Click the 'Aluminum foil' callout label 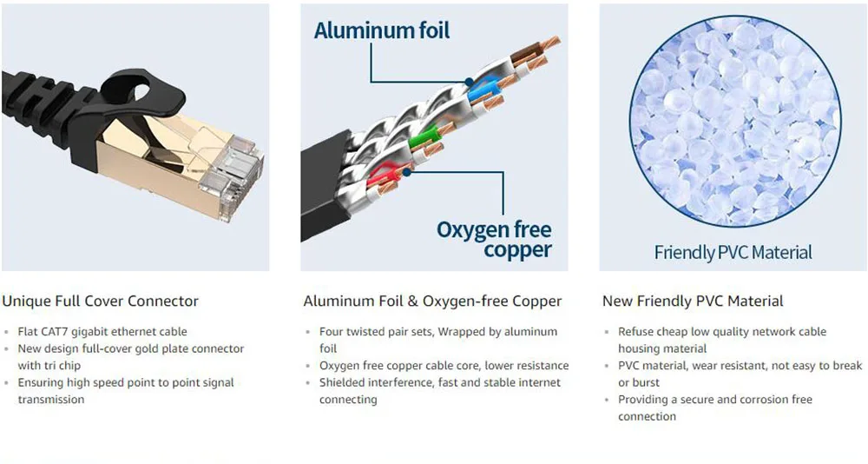[382, 31]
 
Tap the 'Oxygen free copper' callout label [494, 240]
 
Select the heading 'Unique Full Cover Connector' [100, 302]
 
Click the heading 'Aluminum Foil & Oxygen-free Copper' [432, 302]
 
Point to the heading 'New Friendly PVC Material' [693, 302]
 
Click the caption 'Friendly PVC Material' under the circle [733, 253]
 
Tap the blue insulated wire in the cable [483, 88]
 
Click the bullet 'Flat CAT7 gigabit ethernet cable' [102, 332]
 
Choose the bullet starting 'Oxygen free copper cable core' [444, 366]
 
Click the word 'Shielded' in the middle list [343, 382]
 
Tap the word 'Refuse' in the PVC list [637, 332]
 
